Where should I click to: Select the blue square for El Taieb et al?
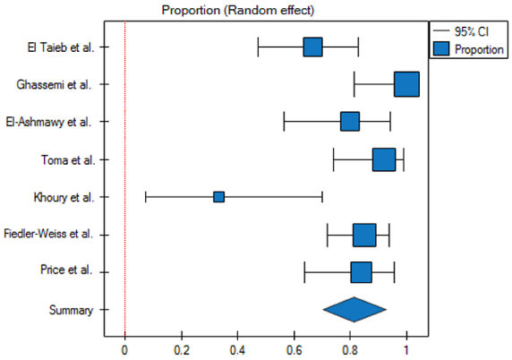312,47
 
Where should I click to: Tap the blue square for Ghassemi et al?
406,84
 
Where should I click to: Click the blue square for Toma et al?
384,159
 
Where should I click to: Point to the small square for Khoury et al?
218,196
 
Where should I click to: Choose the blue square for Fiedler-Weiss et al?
364,235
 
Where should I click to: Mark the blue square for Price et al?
361,271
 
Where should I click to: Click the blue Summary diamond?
354,309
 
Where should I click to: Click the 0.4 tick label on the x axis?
237,349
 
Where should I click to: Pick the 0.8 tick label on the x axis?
350,349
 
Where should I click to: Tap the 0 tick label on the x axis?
124,349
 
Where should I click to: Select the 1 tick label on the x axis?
406,349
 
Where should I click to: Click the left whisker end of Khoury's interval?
146,196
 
